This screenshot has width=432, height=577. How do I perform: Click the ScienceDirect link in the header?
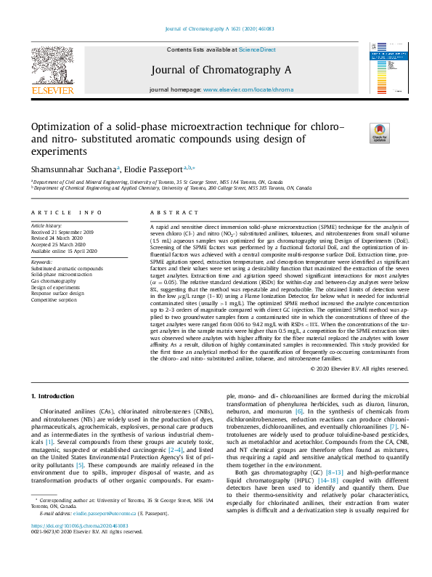[x=257, y=49]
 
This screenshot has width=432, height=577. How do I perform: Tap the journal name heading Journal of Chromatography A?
[x=221, y=70]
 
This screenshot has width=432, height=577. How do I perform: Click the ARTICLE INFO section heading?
[x=67, y=211]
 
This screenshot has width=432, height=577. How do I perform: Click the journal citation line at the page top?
[x=219, y=28]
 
